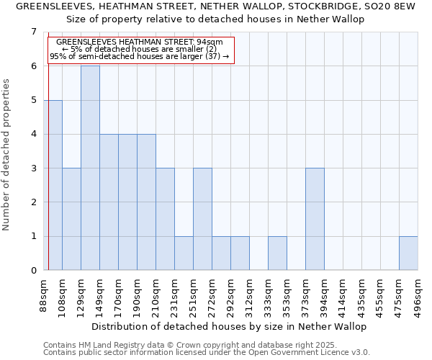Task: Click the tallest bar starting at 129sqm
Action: point(90,168)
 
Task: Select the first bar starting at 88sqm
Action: point(53,185)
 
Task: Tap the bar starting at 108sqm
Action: point(71,219)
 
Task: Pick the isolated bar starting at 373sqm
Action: point(315,219)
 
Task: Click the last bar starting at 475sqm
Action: point(408,253)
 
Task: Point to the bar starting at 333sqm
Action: point(277,253)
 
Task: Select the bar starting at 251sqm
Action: point(202,219)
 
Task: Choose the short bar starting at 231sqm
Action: point(184,253)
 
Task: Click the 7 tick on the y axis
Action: point(33,32)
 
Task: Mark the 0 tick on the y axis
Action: point(33,271)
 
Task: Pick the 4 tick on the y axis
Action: point(33,134)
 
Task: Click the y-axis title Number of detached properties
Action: point(7,155)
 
